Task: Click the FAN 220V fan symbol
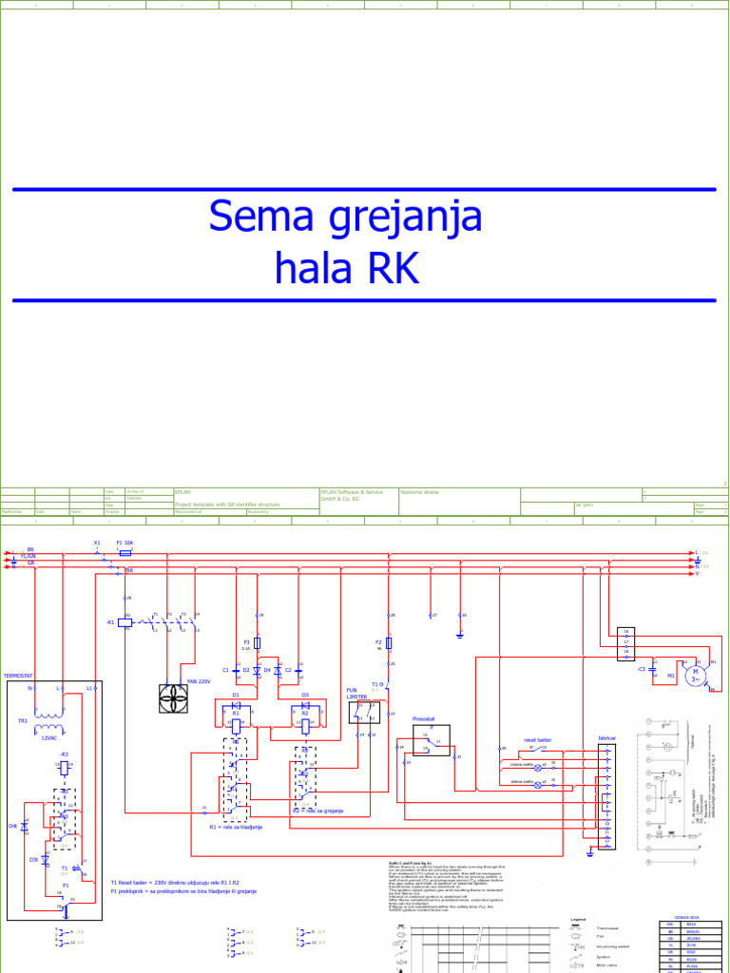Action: (174, 698)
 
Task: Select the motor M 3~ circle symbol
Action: (697, 675)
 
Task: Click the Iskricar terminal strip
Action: (605, 794)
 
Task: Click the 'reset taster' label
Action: (537, 738)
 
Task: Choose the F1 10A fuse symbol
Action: (125, 550)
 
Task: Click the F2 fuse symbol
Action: (389, 643)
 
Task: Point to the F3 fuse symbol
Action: (257, 643)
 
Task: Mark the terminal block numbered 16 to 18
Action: (625, 643)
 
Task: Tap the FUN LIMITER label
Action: (356, 693)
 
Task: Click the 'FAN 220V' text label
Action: (199, 681)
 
